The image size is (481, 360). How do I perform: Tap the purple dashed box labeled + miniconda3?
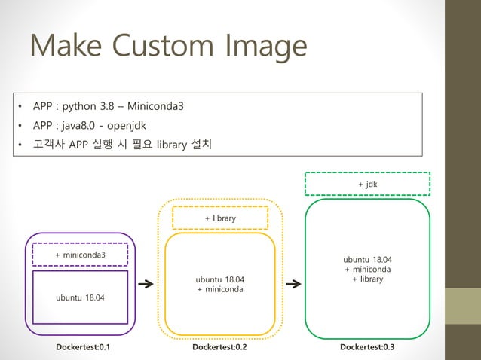tap(80, 255)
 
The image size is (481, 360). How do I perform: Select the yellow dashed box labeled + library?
tap(220, 218)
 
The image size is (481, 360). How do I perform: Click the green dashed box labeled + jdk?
tap(367, 183)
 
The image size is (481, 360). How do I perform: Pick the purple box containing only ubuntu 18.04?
tap(80, 297)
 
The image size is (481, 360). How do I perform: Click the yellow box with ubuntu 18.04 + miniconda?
tap(220, 284)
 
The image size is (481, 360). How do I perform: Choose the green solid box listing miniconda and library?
tap(367, 269)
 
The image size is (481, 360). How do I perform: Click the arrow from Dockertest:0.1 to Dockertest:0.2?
tap(146, 285)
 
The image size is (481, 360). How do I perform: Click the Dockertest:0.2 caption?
tap(219, 347)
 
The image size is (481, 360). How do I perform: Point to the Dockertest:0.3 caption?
tap(367, 347)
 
